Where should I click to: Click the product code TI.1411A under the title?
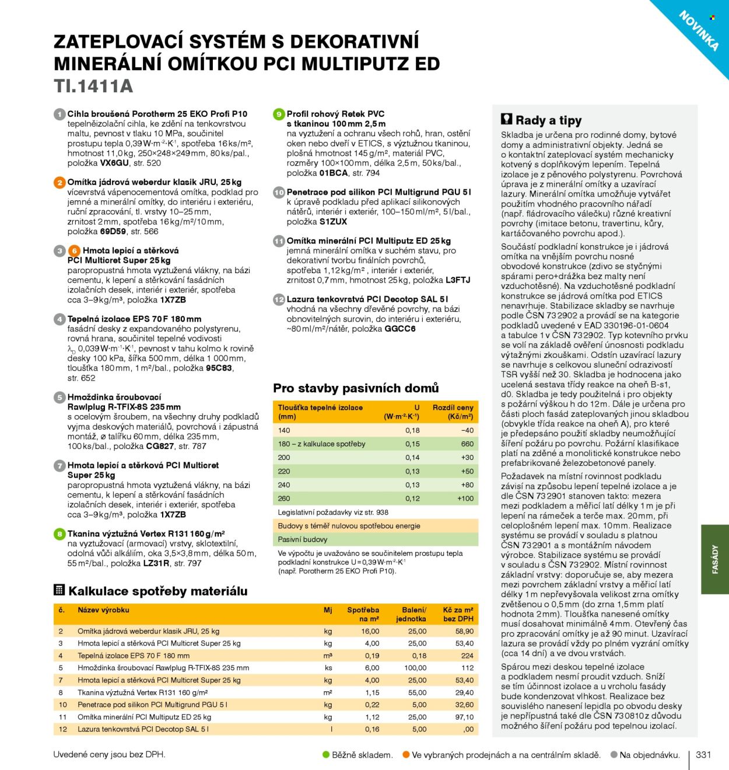93,86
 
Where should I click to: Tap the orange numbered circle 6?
74,251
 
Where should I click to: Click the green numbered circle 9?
279,114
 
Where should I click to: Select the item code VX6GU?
114,163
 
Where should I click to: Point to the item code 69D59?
113,232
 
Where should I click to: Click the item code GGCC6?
400,329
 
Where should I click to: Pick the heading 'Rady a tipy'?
548,121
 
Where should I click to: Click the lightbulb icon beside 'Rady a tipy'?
507,120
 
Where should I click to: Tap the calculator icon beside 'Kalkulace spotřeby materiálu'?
59,590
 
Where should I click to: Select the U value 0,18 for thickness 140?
412,430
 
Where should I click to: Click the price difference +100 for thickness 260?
465,499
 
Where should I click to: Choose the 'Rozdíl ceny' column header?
453,412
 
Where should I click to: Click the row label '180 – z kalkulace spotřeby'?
321,444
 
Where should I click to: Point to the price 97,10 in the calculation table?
464,717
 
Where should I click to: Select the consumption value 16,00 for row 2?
370,631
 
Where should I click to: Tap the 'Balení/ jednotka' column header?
413,614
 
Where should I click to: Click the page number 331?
703,755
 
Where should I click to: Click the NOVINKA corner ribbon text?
698,30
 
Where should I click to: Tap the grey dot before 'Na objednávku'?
614,755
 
